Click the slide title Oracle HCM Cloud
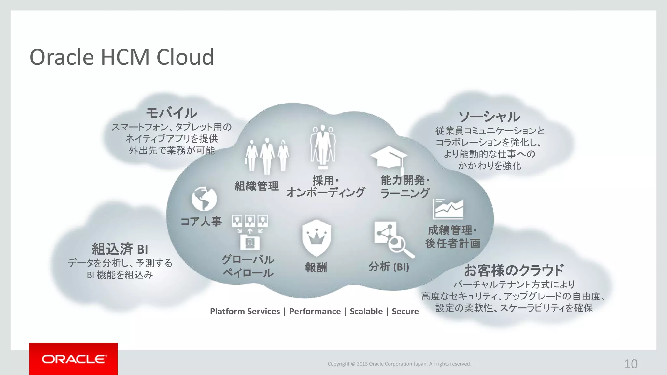(x=121, y=57)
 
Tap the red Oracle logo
(x=73, y=359)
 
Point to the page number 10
(x=631, y=364)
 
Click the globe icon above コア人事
(x=204, y=199)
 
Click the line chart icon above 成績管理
(x=448, y=209)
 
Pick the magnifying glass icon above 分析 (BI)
(x=399, y=244)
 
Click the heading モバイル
(x=171, y=113)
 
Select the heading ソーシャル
(x=490, y=117)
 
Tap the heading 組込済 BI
(x=120, y=249)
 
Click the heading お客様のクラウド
(x=514, y=270)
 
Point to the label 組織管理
(x=257, y=186)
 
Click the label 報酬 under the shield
(x=316, y=268)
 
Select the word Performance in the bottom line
(x=315, y=312)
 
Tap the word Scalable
(x=366, y=312)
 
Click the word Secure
(x=405, y=312)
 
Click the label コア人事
(x=201, y=222)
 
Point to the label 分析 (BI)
(x=389, y=267)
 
